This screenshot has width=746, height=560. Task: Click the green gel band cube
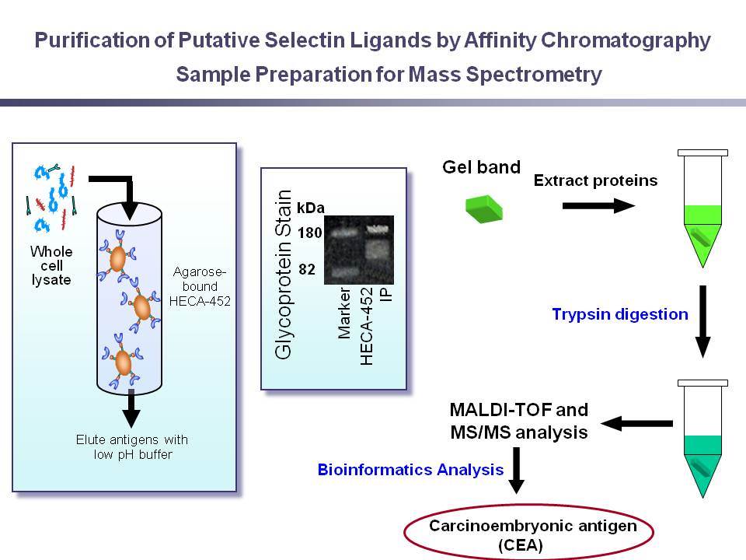point(484,209)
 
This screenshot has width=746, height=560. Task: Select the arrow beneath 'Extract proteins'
point(598,205)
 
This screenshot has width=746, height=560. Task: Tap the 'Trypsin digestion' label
point(620,314)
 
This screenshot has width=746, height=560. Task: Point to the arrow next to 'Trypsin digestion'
point(702,321)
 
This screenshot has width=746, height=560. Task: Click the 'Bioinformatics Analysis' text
point(410,470)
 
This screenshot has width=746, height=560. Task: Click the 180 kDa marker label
point(310,233)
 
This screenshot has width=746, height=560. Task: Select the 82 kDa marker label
point(307,270)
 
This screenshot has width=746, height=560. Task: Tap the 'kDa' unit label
point(311,208)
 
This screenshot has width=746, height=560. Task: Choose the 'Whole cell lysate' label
point(51,265)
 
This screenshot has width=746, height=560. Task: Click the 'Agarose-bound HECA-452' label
point(200,286)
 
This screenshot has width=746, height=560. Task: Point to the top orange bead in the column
point(117,258)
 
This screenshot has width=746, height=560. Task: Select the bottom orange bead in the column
point(124,363)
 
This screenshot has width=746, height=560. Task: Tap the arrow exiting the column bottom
point(131,408)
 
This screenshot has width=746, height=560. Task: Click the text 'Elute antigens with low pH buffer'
point(132,446)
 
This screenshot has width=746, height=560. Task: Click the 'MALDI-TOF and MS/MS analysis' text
point(519,421)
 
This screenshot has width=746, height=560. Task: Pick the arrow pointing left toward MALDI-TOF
point(636,423)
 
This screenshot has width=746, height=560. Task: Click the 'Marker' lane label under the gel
point(344,313)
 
